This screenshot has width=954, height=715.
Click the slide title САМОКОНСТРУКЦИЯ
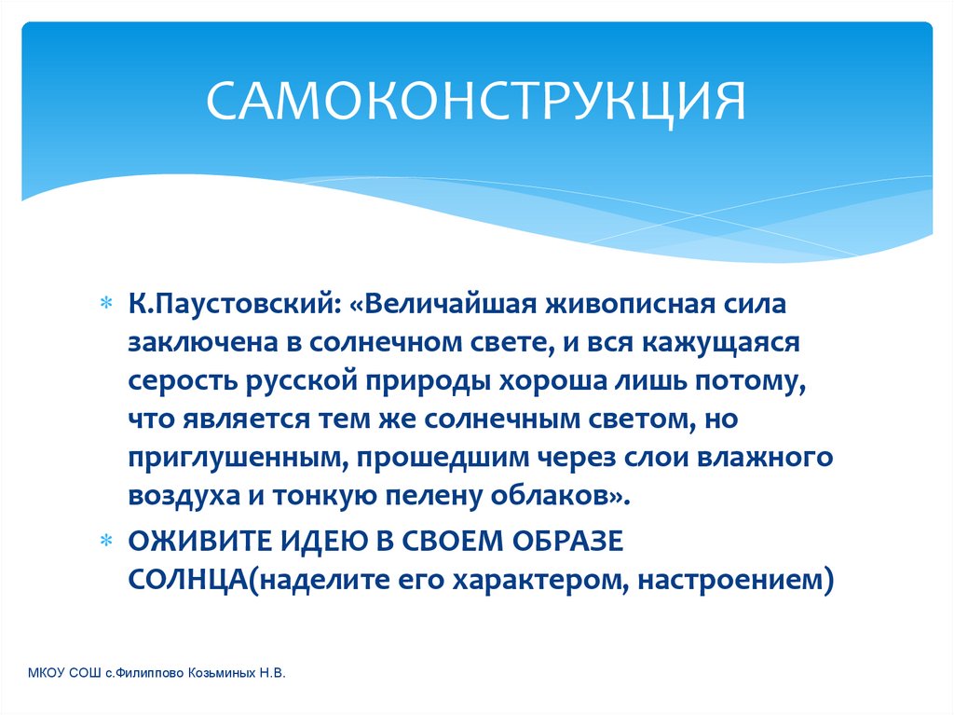(x=475, y=101)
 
